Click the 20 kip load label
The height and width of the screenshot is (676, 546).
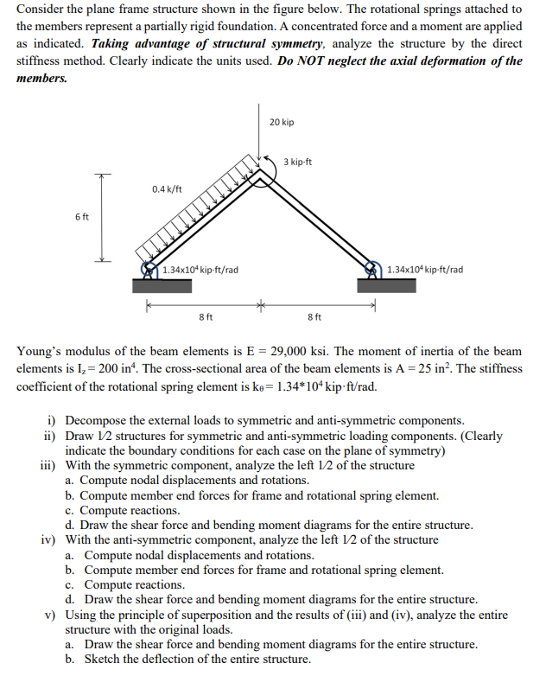282,122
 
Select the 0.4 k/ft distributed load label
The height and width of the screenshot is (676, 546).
167,188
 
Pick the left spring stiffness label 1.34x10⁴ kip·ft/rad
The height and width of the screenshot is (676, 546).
200,270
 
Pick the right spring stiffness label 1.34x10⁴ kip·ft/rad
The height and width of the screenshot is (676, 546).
425,270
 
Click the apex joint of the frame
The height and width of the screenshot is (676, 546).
259,172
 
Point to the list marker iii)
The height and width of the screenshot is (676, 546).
49,465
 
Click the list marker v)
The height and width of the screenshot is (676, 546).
51,615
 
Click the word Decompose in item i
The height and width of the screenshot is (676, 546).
94,420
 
